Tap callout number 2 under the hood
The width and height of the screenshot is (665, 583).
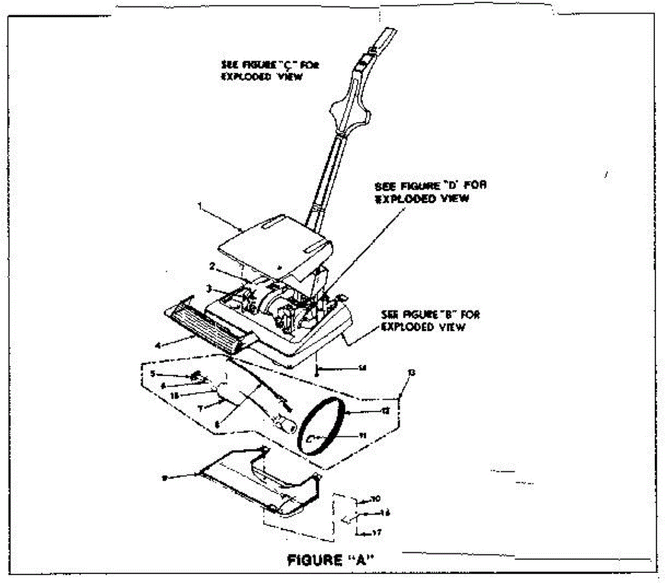[212, 267]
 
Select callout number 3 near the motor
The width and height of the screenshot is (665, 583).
[208, 288]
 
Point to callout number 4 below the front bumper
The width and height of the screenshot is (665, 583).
[158, 345]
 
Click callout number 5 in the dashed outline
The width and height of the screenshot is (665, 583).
[152, 374]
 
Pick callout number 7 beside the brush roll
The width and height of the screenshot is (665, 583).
[202, 407]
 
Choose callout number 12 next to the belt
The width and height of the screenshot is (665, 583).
[386, 411]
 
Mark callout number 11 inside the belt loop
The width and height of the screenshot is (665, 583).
[362, 436]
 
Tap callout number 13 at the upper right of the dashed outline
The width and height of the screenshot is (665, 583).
[411, 373]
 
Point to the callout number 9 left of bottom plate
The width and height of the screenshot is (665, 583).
[164, 477]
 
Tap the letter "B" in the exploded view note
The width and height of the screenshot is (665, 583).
[444, 315]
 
